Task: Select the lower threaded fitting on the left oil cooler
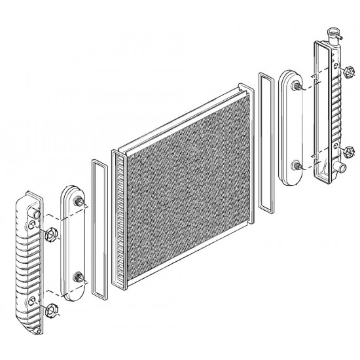point(80,278)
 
